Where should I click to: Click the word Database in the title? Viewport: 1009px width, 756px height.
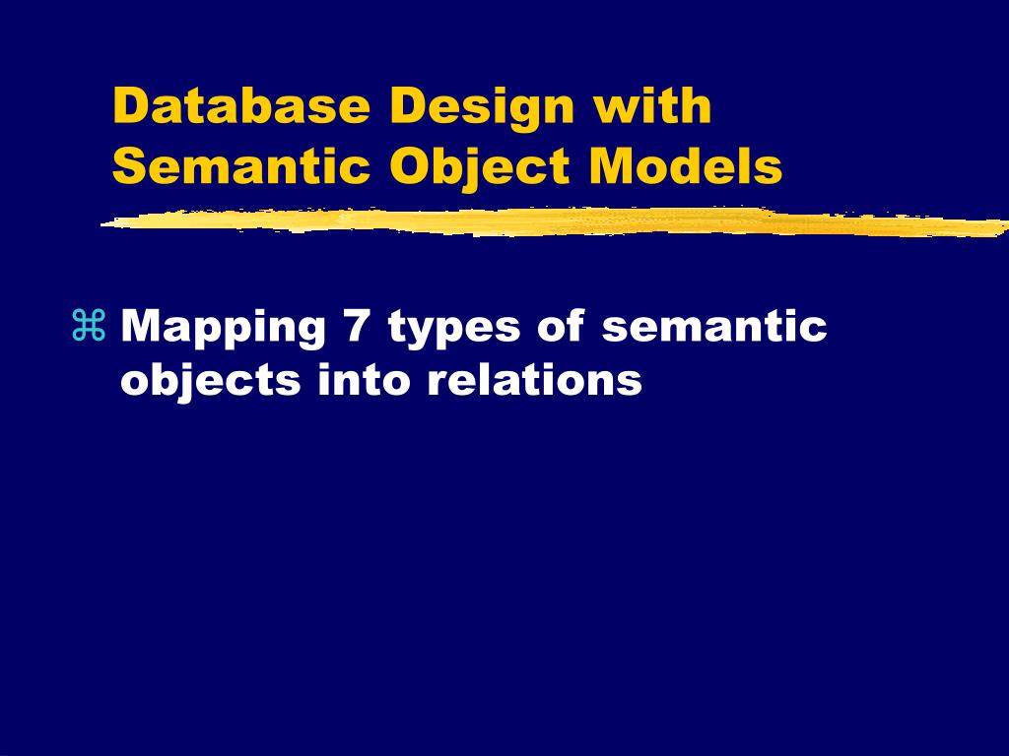click(x=241, y=106)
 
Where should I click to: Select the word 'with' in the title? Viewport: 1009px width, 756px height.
click(x=651, y=106)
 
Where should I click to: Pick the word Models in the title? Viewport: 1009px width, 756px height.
click(x=686, y=166)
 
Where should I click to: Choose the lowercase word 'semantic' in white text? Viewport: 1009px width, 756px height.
click(x=714, y=326)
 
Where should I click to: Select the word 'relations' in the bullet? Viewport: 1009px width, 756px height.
click(x=535, y=379)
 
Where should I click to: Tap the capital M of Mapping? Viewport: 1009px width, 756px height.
click(x=143, y=326)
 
